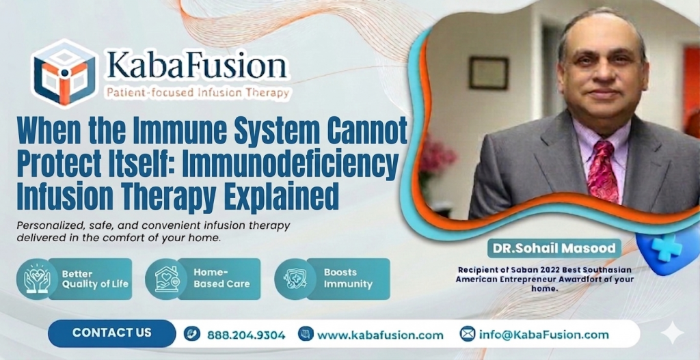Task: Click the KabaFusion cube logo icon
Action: click(x=65, y=72)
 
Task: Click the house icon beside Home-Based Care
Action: click(x=166, y=279)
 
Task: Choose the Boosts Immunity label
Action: click(x=348, y=278)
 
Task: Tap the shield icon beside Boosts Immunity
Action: click(x=295, y=279)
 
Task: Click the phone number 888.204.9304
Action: click(x=245, y=335)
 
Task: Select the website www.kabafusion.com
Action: click(x=380, y=335)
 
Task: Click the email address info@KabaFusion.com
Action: click(x=543, y=334)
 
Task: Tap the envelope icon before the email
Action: click(x=468, y=334)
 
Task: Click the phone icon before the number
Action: click(x=192, y=335)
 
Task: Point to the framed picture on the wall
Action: click(x=489, y=73)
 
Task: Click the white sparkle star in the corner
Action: click(x=673, y=333)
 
